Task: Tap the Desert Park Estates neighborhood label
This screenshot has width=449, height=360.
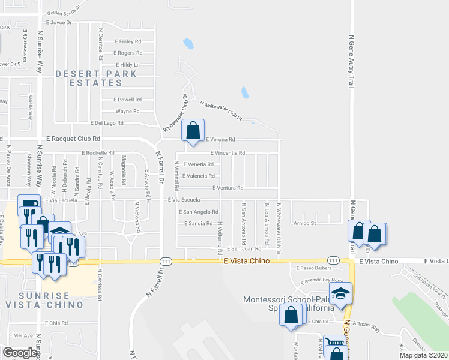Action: (96, 78)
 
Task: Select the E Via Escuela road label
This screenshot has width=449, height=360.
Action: (187, 200)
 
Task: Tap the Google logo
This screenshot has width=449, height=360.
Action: (19, 353)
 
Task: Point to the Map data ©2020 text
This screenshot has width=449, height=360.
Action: (423, 355)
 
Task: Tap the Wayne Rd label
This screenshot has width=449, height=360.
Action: (128, 111)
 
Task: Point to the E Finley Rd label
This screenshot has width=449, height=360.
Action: (127, 42)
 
